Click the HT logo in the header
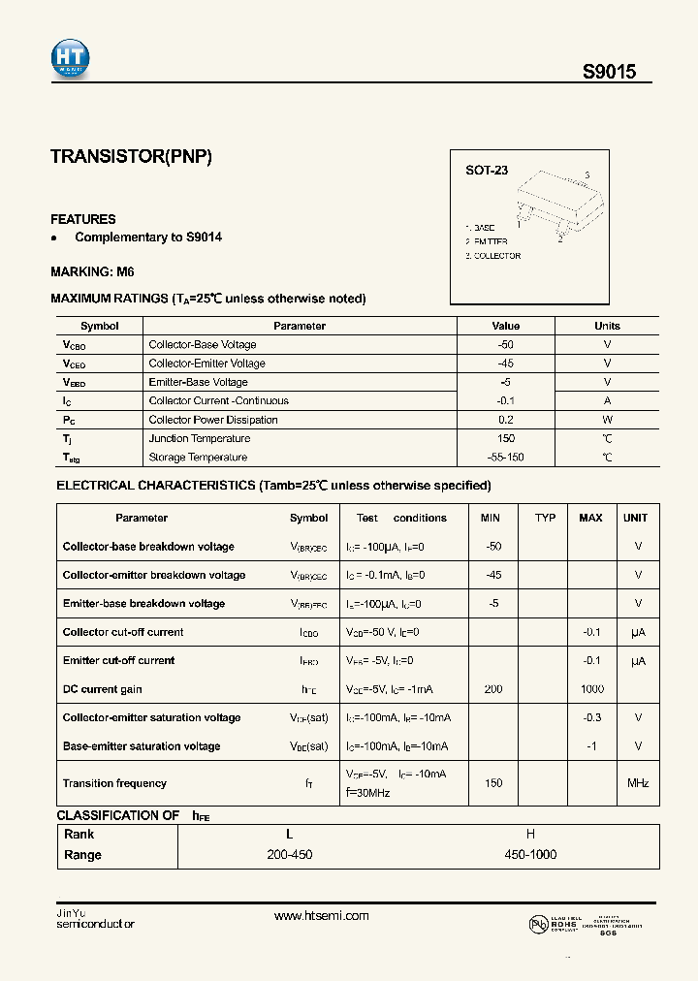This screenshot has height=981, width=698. click(x=70, y=60)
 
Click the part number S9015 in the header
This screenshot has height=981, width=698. click(x=609, y=72)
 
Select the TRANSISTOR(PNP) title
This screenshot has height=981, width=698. click(x=131, y=157)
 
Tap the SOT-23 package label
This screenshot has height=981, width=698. click(x=486, y=171)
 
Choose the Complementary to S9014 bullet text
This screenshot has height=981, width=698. click(x=148, y=237)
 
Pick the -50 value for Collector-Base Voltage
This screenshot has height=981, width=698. click(x=505, y=345)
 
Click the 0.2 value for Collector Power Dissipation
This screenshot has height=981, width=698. click(x=505, y=420)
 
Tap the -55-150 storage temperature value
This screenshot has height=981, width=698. click(x=505, y=458)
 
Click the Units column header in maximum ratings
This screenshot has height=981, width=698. click(x=607, y=327)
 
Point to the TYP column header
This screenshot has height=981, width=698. click(x=545, y=518)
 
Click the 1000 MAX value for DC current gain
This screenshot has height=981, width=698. click(x=591, y=689)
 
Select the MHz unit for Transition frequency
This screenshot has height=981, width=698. click(x=637, y=783)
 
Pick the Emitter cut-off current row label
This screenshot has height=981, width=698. click(x=118, y=661)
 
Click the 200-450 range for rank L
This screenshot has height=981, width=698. click(x=289, y=855)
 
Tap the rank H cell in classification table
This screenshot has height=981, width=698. click(x=530, y=835)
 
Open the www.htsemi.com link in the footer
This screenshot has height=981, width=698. click(x=322, y=916)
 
